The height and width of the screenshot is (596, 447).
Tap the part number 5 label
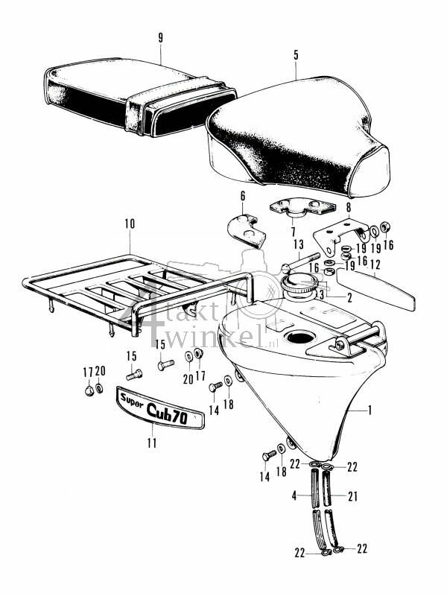296,54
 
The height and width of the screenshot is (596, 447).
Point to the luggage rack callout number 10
130,223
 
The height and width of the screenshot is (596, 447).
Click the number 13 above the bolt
298,244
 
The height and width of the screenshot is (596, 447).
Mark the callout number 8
347,209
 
